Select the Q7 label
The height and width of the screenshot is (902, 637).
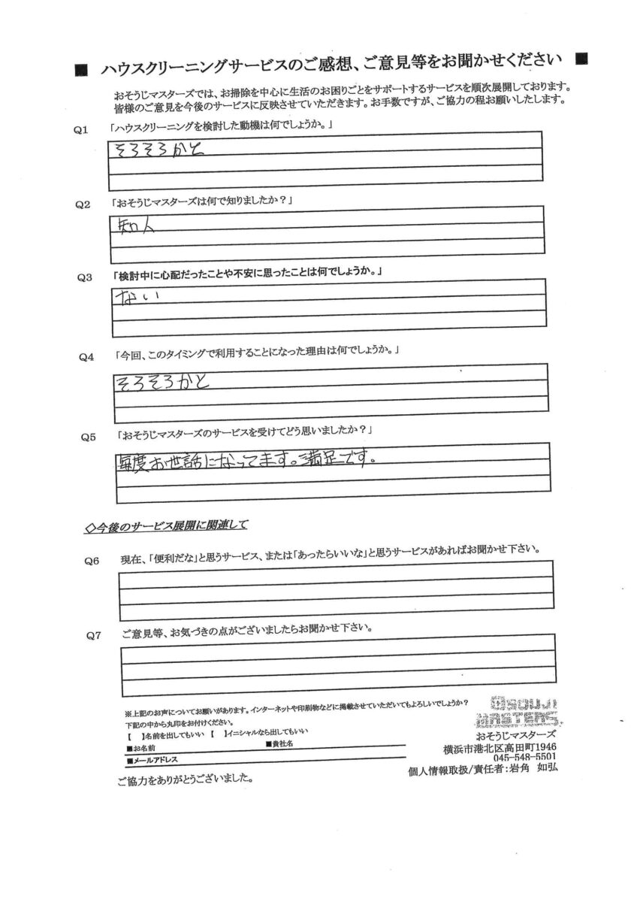click(x=94, y=635)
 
